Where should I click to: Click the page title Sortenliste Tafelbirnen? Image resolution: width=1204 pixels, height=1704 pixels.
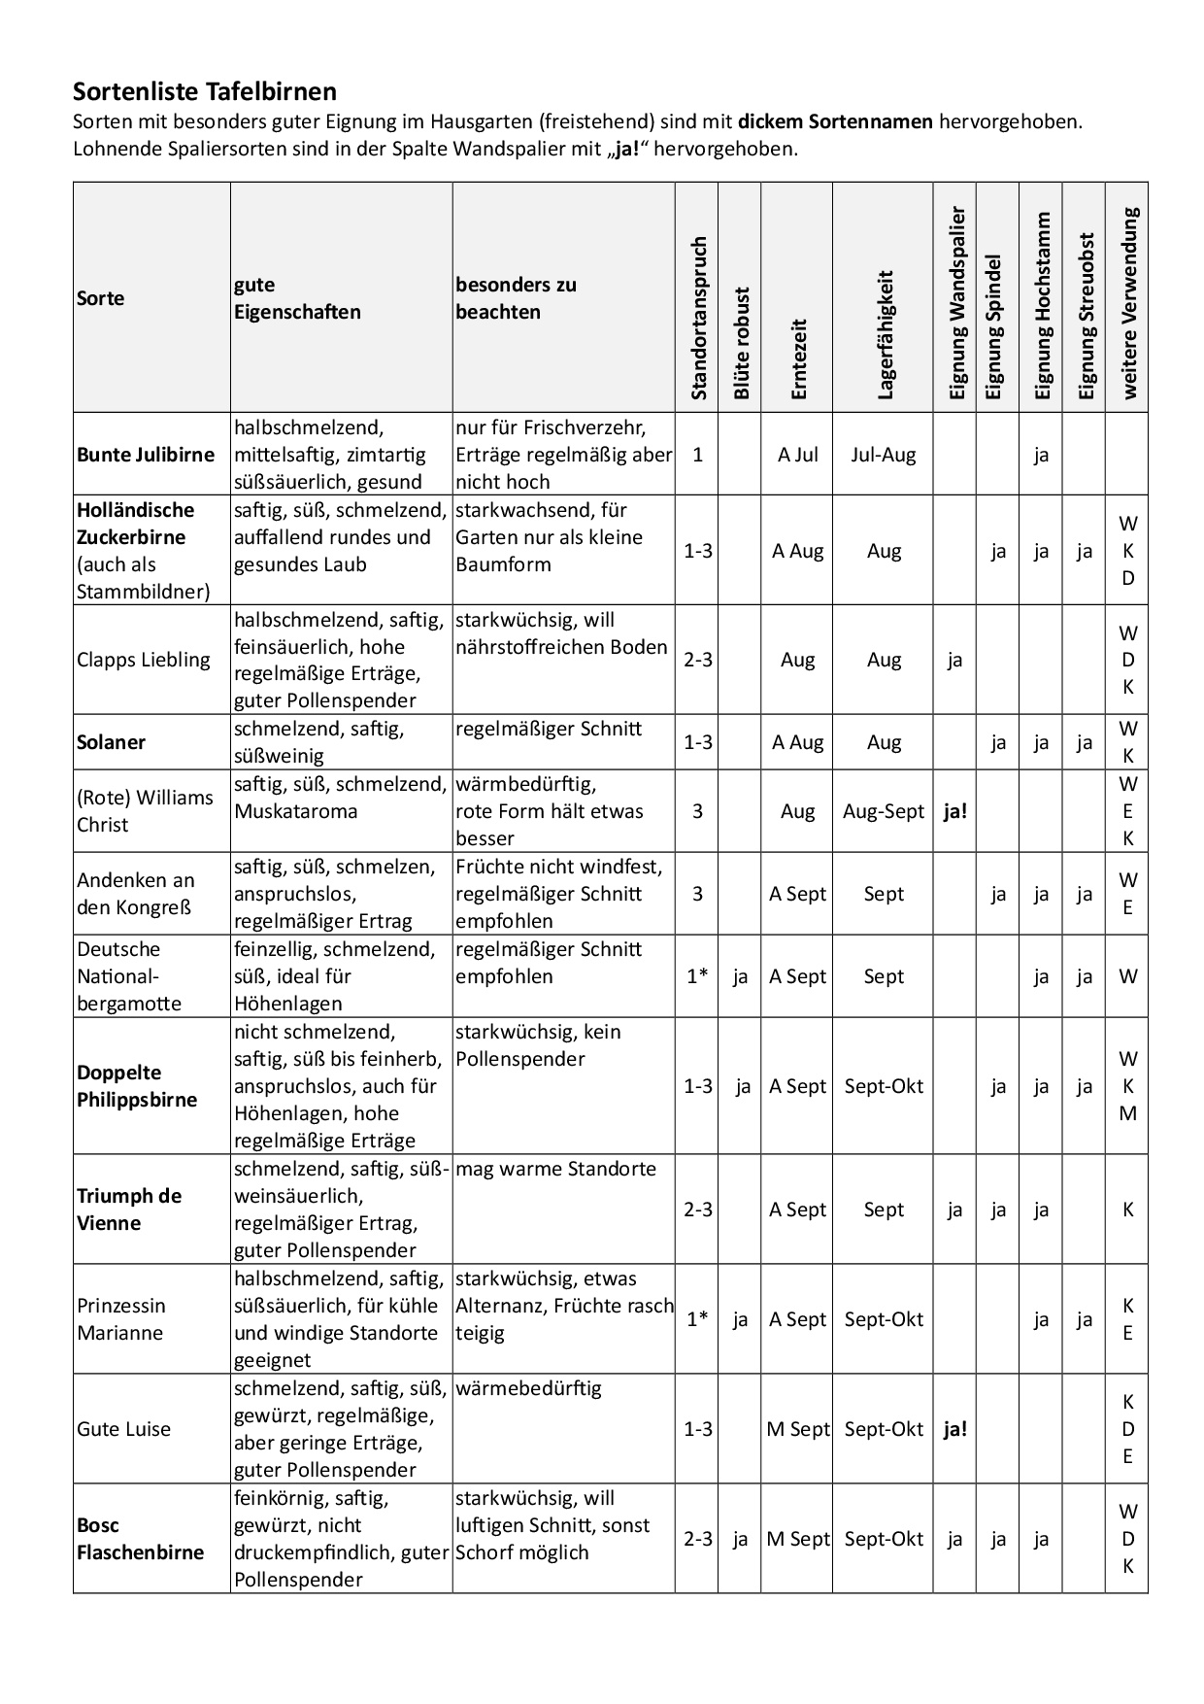205,92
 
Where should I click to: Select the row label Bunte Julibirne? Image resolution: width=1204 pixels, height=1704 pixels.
146,455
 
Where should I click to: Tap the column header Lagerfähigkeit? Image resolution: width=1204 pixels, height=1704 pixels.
885,335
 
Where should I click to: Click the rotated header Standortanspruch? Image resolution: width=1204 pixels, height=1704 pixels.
698,318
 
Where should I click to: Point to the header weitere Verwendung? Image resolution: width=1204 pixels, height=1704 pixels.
1128,303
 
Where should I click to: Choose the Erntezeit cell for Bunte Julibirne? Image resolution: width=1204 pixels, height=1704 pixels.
798,455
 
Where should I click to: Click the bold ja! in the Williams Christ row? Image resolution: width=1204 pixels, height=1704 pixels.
954,811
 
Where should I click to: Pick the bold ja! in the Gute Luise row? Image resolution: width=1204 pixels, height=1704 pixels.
954,1429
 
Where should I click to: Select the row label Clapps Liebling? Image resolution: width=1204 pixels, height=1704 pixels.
143,660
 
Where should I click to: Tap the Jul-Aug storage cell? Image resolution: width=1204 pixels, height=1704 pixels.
884,455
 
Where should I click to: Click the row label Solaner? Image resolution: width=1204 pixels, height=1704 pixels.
111,742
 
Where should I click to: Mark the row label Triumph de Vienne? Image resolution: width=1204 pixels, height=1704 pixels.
129,1210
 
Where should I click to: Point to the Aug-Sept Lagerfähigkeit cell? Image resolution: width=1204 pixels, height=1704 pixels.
884,811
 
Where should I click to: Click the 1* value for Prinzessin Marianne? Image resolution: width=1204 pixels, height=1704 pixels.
697,1319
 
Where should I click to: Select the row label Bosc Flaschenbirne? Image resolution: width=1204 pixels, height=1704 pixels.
140,1539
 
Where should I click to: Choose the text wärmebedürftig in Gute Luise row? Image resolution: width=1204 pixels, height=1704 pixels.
528,1388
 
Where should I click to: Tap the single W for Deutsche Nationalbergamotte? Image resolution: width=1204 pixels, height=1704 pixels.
1127,976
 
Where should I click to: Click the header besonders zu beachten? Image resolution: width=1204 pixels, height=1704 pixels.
516,298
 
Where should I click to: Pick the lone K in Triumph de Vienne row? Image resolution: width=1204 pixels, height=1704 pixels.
1127,1210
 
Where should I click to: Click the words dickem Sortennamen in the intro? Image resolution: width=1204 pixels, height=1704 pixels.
835,122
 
